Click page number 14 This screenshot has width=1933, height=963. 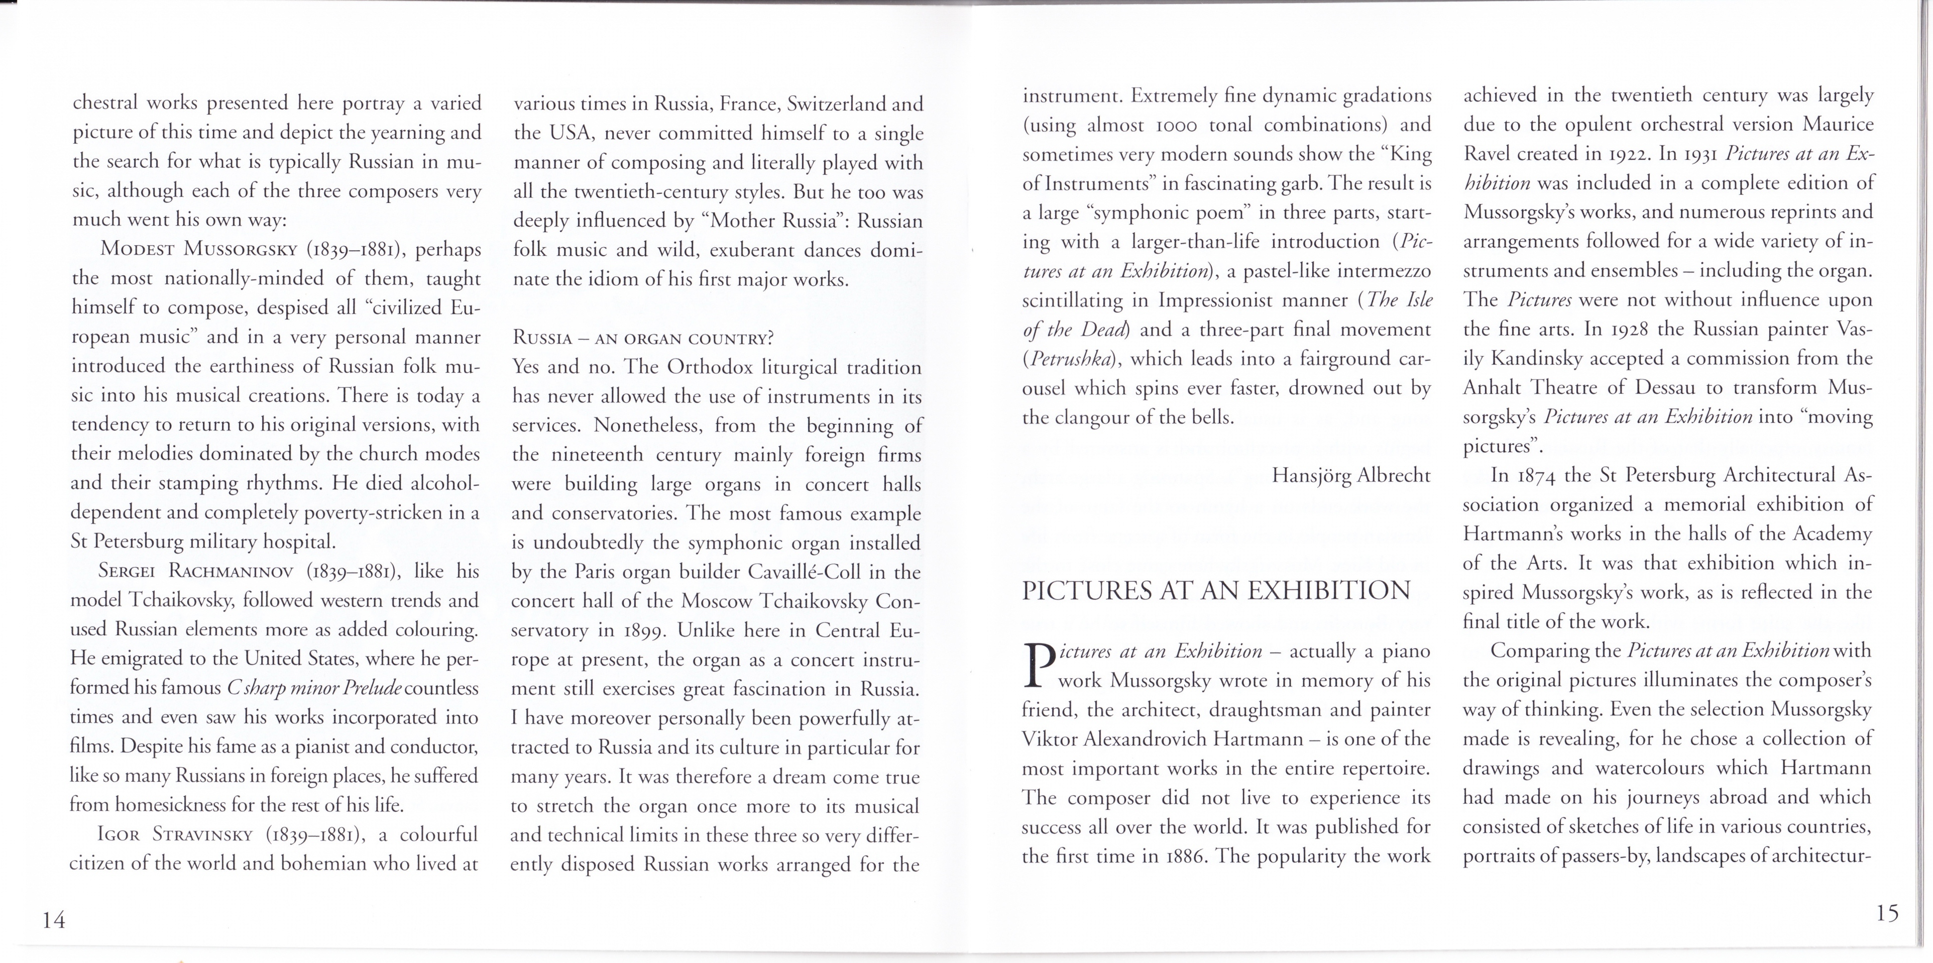[x=54, y=919]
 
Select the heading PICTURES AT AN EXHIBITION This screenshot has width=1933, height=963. [x=1216, y=591]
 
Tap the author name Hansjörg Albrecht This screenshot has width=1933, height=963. [x=1351, y=475]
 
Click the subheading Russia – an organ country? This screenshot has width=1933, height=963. [x=642, y=338]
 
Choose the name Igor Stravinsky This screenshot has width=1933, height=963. [x=174, y=834]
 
